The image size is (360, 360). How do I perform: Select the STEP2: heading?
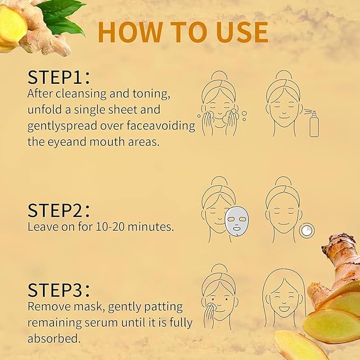pos(59,210)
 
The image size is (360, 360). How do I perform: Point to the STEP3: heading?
pos(59,290)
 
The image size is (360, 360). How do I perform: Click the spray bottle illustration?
pos(314,123)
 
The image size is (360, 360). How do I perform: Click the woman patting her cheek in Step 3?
pos(219,297)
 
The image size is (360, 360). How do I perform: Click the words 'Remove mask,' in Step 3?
pos(60,306)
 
